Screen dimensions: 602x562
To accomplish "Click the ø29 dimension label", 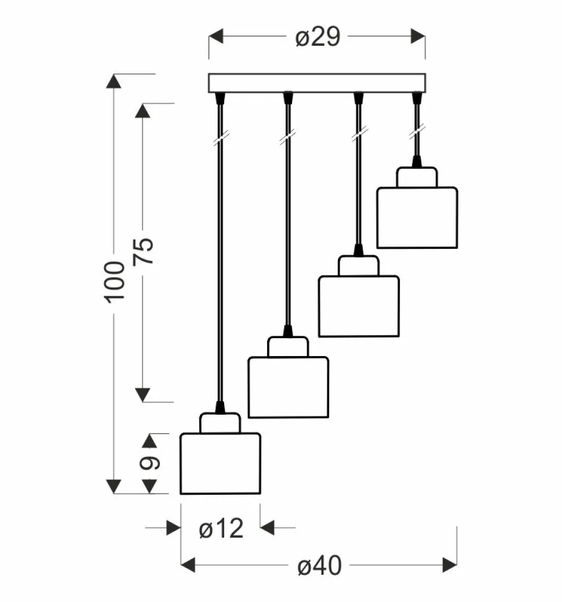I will (x=317, y=38).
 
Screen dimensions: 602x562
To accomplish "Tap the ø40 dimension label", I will (x=319, y=565).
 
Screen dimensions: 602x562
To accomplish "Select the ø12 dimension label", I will (x=221, y=528).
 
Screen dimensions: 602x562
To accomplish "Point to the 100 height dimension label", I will (x=115, y=281).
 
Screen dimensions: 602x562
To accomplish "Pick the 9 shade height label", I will (x=149, y=463).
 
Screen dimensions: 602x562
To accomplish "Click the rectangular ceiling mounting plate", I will (x=316, y=83).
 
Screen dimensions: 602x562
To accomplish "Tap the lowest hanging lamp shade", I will (x=220, y=463).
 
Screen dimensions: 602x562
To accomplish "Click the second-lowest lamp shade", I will (x=288, y=387).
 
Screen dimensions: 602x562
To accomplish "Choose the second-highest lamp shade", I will (x=359, y=306).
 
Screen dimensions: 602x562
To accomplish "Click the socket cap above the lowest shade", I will (x=220, y=423).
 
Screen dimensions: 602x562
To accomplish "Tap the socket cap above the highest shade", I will (x=416, y=177).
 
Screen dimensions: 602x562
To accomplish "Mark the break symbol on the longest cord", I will (x=220, y=139).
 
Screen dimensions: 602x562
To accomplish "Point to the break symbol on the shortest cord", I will (x=415, y=134).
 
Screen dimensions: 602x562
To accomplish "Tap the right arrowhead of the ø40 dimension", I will (x=450, y=564).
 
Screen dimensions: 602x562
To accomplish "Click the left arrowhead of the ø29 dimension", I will (x=216, y=37).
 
